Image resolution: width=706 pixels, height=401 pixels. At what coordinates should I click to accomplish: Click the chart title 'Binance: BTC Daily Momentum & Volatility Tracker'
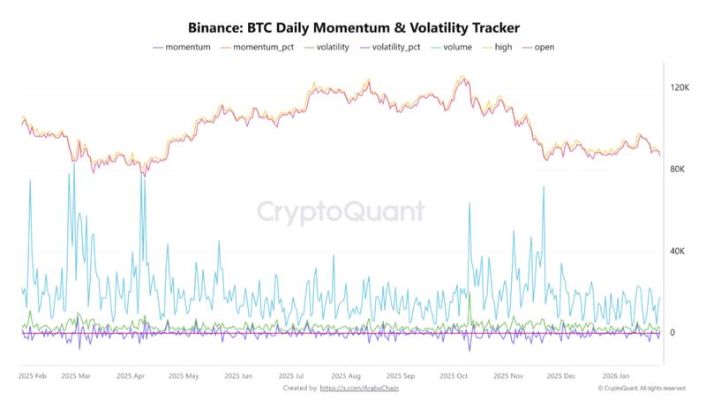click(x=353, y=27)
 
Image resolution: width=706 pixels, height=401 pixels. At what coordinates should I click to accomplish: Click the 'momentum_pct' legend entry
click(x=262, y=47)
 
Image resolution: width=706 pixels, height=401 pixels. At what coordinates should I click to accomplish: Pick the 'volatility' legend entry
click(x=332, y=47)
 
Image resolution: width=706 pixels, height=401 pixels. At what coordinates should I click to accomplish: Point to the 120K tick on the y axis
click(x=680, y=87)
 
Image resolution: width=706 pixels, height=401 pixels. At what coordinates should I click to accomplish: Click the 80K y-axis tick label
click(x=678, y=170)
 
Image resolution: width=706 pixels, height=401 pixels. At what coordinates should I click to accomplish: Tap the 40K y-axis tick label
click(x=678, y=252)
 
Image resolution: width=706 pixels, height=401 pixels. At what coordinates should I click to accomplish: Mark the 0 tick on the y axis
click(x=672, y=333)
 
